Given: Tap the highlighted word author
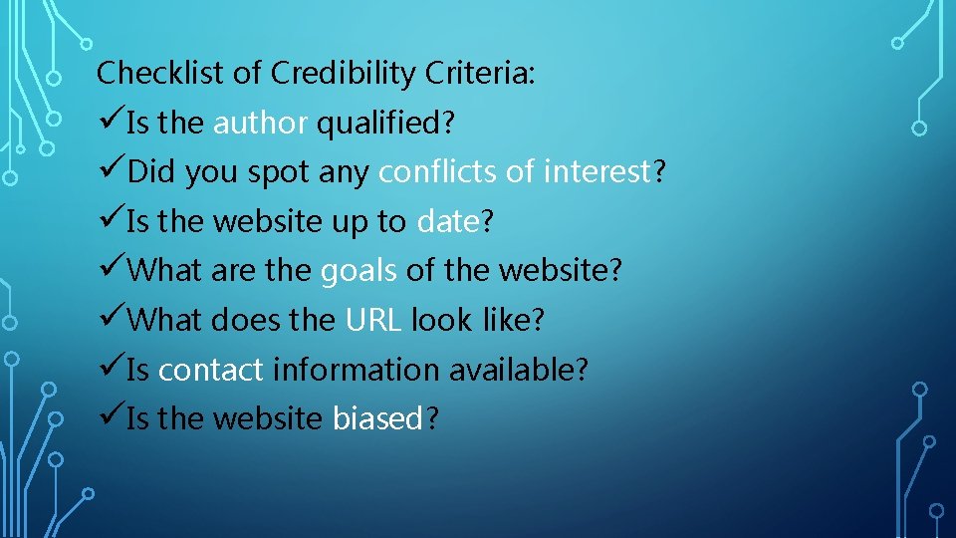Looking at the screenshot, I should [x=261, y=124].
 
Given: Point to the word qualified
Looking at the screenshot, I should [x=381, y=124].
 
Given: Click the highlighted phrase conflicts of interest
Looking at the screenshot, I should [x=515, y=172].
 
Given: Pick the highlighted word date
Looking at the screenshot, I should [x=448, y=222].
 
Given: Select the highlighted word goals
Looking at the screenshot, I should [x=358, y=271].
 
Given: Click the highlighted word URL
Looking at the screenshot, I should [x=373, y=321].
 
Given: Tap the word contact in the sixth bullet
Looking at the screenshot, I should [x=211, y=370].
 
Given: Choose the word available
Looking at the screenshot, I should [x=513, y=370].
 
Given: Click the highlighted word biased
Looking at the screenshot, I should [x=378, y=419].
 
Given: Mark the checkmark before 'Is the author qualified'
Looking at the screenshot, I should [x=111, y=123].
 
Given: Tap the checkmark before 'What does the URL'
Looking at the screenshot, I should [x=111, y=320].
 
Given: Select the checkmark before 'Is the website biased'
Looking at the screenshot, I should [x=111, y=418].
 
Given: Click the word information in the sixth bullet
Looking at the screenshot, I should [x=356, y=370].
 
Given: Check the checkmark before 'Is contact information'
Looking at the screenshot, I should [x=111, y=369].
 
